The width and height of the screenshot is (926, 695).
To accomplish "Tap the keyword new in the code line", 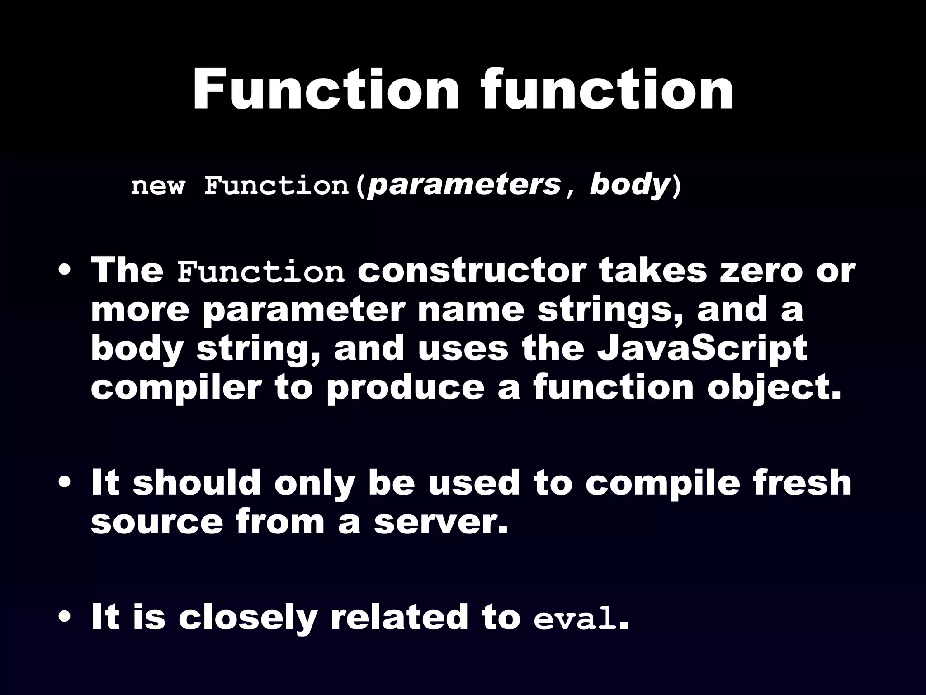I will pos(158,186).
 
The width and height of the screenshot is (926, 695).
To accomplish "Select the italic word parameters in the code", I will pos(464,186).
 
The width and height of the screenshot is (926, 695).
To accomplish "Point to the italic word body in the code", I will pos(629,186).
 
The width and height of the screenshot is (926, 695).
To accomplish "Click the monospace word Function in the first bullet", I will pos(260,272).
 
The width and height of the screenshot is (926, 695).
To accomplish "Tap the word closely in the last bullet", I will pos(247,618).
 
